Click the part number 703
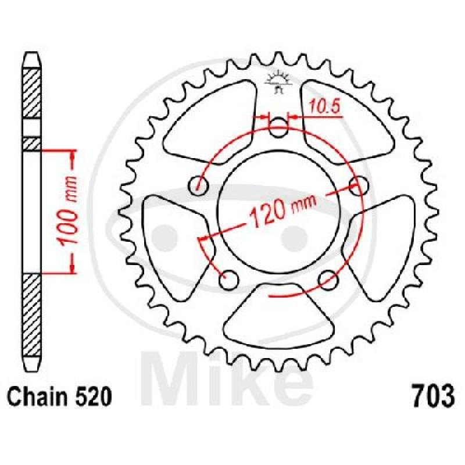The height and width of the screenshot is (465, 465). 432,396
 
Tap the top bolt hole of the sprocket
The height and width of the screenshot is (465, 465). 278,128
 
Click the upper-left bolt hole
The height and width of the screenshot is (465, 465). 198,185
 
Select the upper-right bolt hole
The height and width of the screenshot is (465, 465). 358,185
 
